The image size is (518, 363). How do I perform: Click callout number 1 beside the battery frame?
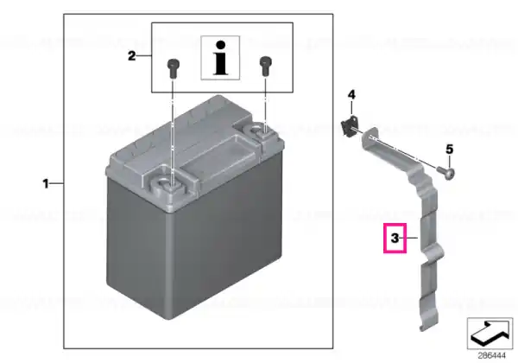tap(46, 183)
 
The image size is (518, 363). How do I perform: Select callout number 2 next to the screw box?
tap(132, 56)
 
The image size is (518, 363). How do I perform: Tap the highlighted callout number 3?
tap(395, 238)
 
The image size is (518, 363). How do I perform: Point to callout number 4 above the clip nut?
tap(351, 95)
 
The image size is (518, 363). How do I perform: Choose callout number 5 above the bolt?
tap(449, 150)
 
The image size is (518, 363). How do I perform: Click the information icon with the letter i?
tap(220, 58)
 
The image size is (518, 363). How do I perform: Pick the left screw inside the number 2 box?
tap(173, 67)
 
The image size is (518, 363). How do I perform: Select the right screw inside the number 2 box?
tap(265, 67)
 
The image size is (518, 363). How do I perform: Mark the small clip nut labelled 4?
tap(349, 126)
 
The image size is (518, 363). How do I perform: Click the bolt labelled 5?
tap(445, 172)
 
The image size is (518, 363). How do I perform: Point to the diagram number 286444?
tap(491, 356)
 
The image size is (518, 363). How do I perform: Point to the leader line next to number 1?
tap(57, 183)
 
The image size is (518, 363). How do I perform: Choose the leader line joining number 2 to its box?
tap(144, 56)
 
